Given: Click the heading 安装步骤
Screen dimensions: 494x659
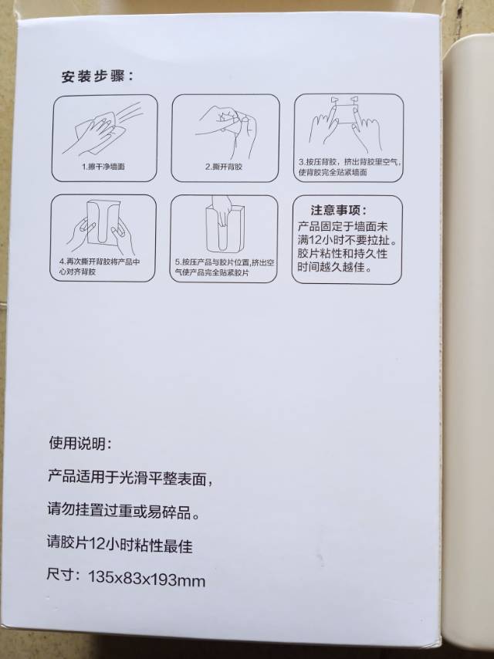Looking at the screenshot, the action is (97, 77).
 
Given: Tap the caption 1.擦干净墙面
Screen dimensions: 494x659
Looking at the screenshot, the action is (103, 167).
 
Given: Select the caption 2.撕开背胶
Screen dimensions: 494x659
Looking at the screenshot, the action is (224, 167).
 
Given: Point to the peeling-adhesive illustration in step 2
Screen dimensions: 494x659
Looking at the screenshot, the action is (226, 130).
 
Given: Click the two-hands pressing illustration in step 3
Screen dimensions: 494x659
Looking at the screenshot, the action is (346, 124).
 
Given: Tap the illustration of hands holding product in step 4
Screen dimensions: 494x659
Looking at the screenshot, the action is (101, 227).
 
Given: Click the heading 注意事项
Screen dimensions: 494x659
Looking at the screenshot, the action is (338, 210).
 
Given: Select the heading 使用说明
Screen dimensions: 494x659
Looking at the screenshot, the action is (80, 443).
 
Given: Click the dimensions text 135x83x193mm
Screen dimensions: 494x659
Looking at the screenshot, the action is (147, 579).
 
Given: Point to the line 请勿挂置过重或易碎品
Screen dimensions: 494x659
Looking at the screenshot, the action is (123, 512).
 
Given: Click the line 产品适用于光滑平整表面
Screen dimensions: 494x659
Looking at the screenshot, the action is (130, 478).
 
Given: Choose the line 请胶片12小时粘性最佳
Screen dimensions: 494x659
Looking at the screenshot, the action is (120, 544).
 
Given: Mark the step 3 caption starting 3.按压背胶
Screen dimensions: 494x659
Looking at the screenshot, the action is (349, 167).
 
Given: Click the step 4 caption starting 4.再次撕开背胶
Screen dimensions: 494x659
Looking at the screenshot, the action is (100, 266).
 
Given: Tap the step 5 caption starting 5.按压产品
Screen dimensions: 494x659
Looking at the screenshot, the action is (224, 268).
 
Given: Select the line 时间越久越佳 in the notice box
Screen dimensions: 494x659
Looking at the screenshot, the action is (335, 266).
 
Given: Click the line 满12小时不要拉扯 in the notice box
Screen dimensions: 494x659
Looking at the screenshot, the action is (347, 240).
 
